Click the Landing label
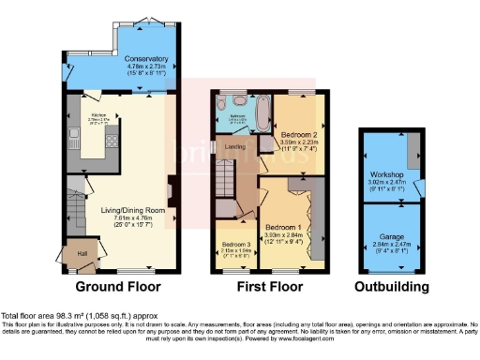click(x=226, y=146)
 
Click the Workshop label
click(x=387, y=174)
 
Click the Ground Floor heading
click(x=118, y=287)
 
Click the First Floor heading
click(x=268, y=287)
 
